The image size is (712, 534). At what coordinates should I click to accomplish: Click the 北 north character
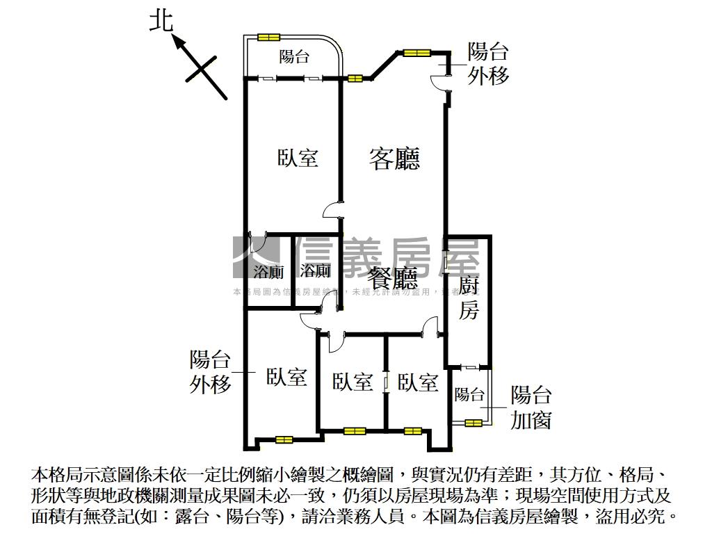pos(161,22)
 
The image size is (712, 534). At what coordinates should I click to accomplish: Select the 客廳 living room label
pos(394,159)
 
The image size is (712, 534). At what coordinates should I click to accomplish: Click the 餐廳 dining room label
pos(393,278)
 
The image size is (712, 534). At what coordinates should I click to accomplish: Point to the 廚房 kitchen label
pos(469,298)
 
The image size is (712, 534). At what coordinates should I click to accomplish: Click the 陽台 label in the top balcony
pos(294,57)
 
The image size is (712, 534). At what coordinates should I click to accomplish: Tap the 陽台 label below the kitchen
pos(469,395)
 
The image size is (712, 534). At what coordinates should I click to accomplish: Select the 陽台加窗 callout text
pos(531,407)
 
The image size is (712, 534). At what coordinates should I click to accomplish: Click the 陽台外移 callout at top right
pos(488,63)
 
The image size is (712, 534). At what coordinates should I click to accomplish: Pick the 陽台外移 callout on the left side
pos(210,372)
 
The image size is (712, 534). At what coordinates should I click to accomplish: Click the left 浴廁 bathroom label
pos(268,271)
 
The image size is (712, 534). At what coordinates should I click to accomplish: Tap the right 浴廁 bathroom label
pos(315,270)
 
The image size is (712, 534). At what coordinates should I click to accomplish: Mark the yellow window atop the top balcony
pos(268,38)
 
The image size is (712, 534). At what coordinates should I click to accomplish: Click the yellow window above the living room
pos(416,51)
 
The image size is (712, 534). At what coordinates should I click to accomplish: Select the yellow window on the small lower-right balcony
pos(474,422)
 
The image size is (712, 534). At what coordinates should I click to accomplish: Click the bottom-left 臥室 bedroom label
pos(286,378)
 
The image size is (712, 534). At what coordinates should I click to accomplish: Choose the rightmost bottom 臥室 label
pos(418,382)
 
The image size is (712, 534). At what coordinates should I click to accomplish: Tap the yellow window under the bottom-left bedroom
pos(284,439)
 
